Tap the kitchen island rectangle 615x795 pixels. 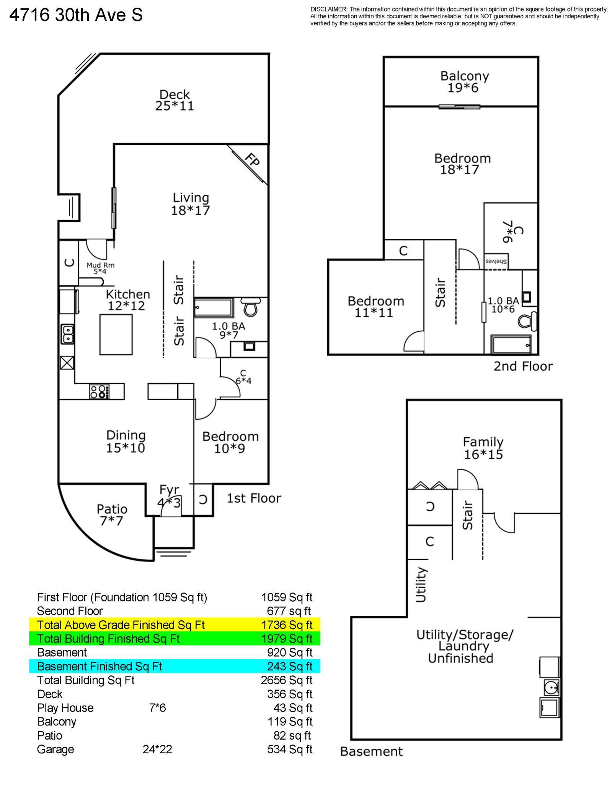(116, 334)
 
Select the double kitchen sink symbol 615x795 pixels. (67, 334)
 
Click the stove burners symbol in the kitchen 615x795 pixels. (99, 392)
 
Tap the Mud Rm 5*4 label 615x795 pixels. (100, 268)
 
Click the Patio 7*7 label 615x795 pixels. (112, 514)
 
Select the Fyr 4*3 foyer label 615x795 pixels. (169, 496)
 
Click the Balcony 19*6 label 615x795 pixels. (464, 82)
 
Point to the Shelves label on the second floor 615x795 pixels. (496, 262)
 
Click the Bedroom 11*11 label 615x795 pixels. (375, 307)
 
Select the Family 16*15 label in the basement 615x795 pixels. (483, 448)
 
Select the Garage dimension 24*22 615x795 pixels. (157, 749)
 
